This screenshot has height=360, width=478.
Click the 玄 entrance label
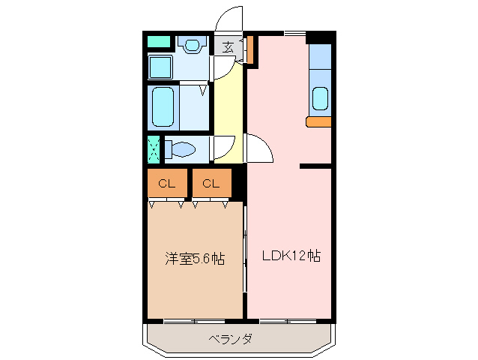(x=226, y=47)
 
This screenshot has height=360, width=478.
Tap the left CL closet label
(x=166, y=183)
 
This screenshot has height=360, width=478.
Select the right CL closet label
(x=211, y=183)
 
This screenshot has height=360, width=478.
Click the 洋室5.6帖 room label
(x=195, y=259)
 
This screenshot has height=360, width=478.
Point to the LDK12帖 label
(x=291, y=256)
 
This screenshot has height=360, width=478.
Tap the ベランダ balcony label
(x=229, y=339)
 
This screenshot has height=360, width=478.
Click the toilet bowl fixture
(x=180, y=150)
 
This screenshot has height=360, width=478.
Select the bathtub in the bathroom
(x=163, y=107)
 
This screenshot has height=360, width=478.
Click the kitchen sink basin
(x=320, y=99)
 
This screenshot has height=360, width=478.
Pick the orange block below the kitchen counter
(x=318, y=121)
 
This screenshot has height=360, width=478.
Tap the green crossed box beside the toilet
(x=154, y=149)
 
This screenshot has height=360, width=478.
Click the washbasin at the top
(x=193, y=45)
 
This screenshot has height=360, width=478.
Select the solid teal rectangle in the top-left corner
(x=158, y=42)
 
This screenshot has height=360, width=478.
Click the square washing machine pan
(x=160, y=67)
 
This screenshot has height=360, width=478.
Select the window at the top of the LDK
(x=294, y=34)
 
